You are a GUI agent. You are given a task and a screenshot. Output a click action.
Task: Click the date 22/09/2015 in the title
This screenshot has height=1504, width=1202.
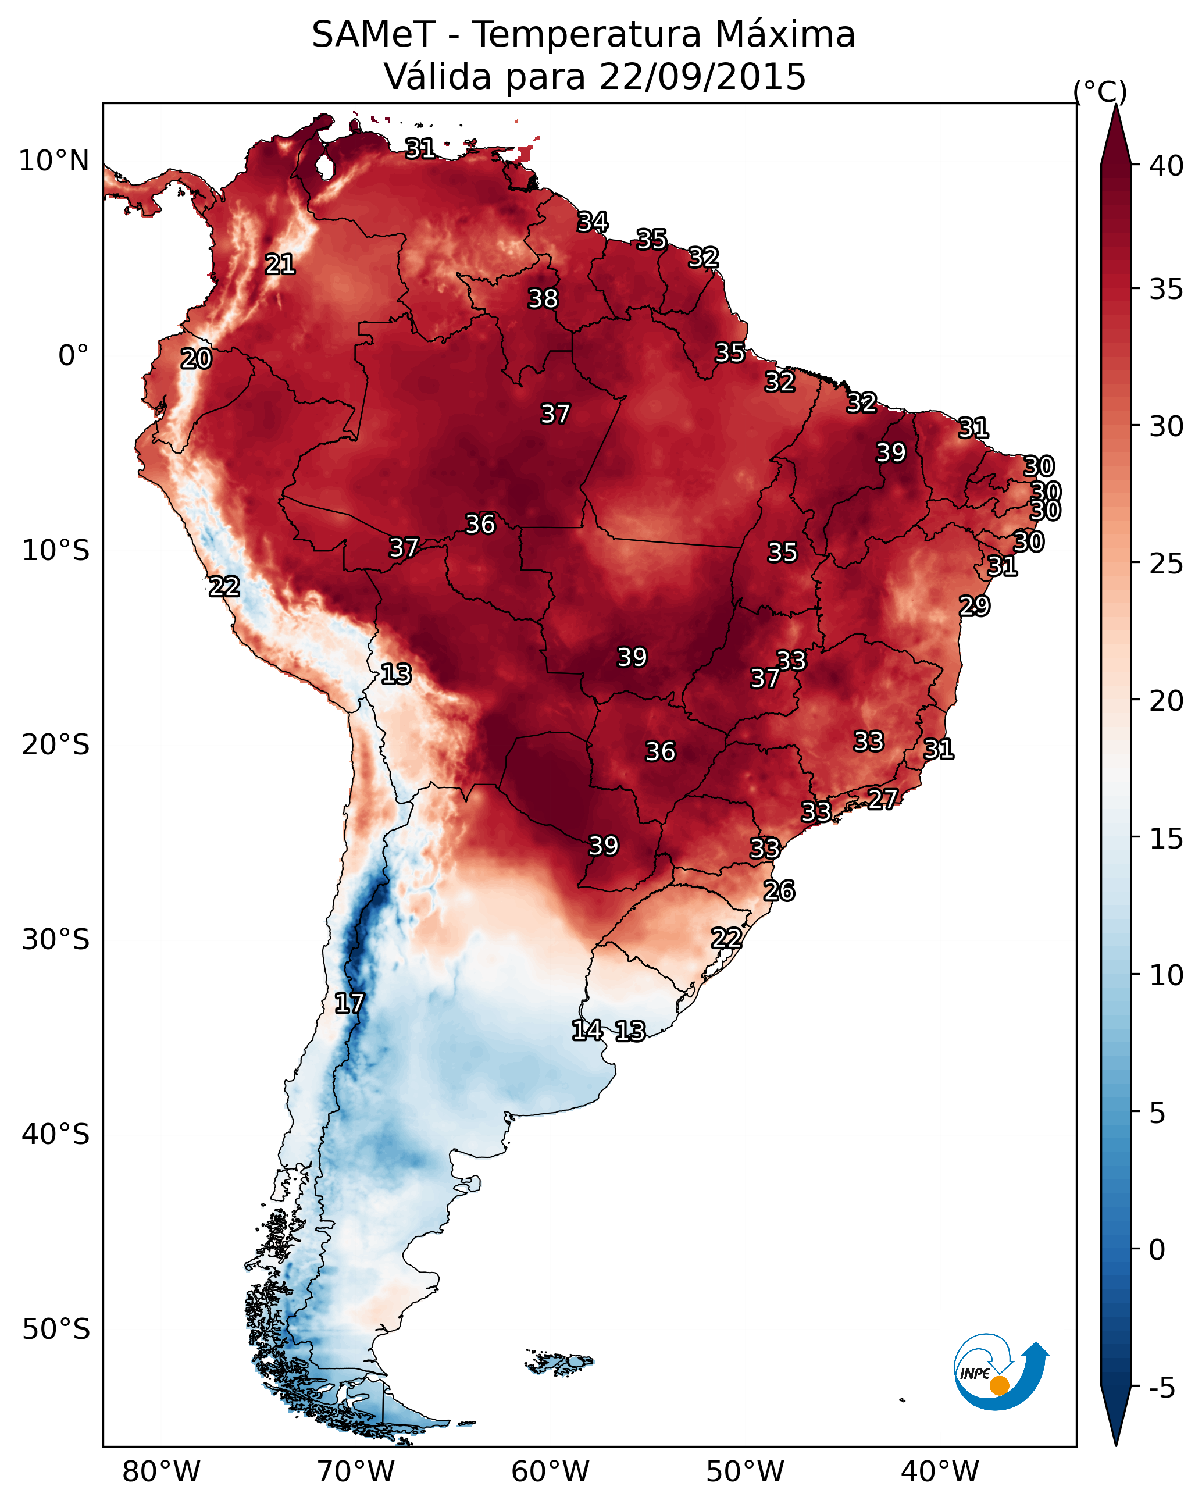click(x=702, y=77)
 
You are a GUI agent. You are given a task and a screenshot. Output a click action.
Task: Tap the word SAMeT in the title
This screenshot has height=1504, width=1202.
click(x=373, y=35)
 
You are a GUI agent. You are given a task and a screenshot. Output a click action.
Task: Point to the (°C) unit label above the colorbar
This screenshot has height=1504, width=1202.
click(x=1100, y=91)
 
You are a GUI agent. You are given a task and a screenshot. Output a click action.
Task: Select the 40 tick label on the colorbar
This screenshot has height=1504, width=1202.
click(x=1167, y=166)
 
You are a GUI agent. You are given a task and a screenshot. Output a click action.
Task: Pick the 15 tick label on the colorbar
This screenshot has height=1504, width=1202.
click(x=1167, y=839)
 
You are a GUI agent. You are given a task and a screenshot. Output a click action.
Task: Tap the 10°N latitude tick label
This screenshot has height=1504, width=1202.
click(x=53, y=161)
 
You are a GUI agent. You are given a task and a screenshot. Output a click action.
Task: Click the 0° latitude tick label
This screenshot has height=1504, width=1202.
click(x=73, y=356)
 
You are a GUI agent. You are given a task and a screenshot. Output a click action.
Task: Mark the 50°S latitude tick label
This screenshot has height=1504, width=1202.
click(x=56, y=1330)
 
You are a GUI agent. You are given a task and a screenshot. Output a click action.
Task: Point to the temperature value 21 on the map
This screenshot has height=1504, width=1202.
click(x=280, y=265)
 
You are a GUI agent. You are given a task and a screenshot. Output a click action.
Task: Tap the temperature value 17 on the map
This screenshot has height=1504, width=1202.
click(x=349, y=1003)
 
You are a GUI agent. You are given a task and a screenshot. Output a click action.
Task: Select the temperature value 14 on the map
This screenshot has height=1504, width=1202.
click(x=587, y=1031)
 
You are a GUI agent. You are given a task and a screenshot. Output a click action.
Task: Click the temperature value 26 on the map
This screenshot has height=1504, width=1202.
click(x=779, y=891)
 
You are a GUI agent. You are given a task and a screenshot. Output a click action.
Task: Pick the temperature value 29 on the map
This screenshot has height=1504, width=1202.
click(x=974, y=605)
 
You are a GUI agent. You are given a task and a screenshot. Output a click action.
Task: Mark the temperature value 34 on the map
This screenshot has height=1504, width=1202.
click(x=593, y=222)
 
